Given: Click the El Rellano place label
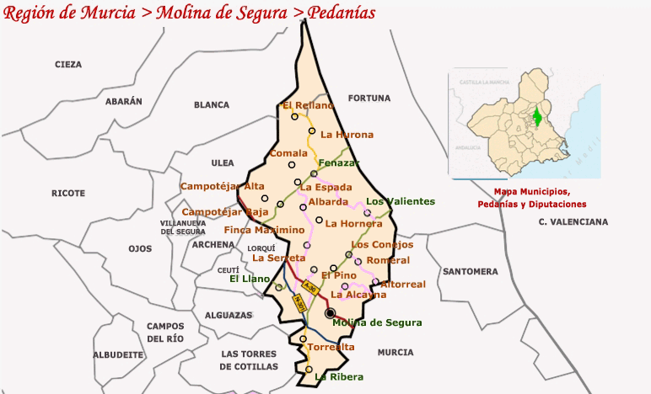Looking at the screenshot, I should point(309,105).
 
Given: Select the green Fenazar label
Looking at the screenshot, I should point(338,162).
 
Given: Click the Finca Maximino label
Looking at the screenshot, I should point(264,230).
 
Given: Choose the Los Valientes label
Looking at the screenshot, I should point(400,201).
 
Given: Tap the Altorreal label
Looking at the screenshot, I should point(403,285).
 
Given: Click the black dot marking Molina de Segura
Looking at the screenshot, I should point(330,313).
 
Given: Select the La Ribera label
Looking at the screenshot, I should point(339,377).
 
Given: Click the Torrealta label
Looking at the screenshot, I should point(331,347).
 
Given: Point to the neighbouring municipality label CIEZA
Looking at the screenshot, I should point(68,65).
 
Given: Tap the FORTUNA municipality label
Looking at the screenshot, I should point(369,98).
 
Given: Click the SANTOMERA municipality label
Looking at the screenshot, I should point(470,272).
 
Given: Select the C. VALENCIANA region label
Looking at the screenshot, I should point(573,222).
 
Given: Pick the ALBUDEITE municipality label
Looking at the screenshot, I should point(118,355).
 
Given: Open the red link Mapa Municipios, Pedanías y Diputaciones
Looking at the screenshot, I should point(531,198).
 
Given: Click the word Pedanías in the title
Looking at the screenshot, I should point(330,13).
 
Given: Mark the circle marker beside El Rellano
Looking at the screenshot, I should point(295,117).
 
